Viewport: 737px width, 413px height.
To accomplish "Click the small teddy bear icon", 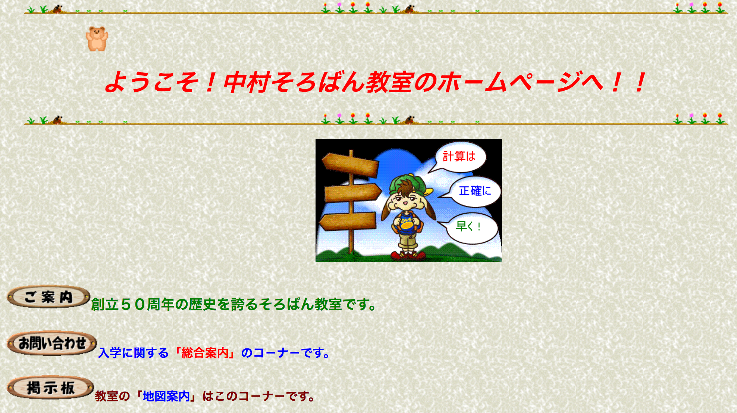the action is click(x=97, y=38).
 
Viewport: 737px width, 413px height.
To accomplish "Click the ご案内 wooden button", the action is click(x=48, y=297).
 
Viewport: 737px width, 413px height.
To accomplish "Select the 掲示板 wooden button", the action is click(x=50, y=388).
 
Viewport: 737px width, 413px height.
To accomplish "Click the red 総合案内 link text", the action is click(x=204, y=353).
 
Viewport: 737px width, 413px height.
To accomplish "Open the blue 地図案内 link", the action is click(x=166, y=396).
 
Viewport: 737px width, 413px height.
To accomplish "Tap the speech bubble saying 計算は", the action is click(x=460, y=157).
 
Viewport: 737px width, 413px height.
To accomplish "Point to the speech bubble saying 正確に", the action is click(x=474, y=191).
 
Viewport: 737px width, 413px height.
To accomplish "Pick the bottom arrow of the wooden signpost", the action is click(x=348, y=221).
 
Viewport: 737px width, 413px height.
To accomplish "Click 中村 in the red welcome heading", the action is click(x=247, y=82).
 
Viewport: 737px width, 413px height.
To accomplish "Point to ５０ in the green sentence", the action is click(x=133, y=304).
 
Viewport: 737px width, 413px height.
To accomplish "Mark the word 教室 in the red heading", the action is click(x=389, y=82).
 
